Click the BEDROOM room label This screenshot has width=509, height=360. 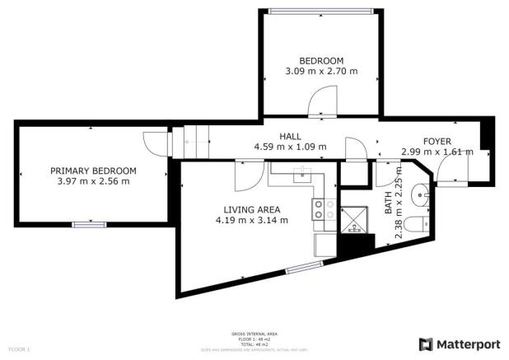point(320,61)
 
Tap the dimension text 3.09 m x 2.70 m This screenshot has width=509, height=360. point(320,72)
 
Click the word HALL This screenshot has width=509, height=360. point(290,137)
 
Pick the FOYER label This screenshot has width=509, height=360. point(437,141)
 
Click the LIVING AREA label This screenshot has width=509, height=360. point(251,209)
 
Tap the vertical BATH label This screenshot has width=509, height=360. point(390,202)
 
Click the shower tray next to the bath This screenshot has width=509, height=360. point(357,216)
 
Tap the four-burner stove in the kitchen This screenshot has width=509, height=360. point(322,209)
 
